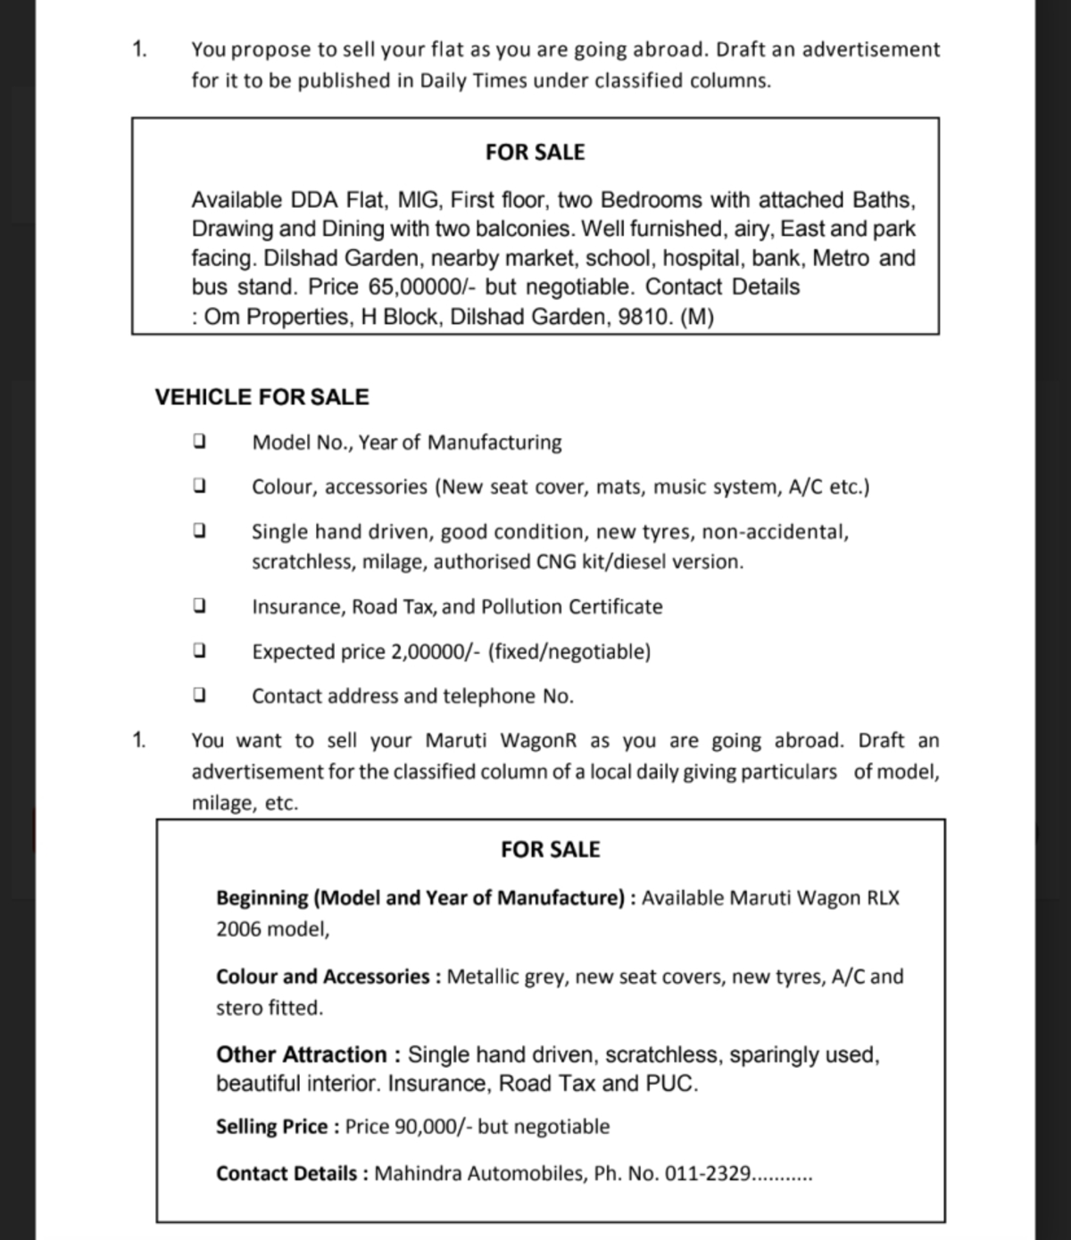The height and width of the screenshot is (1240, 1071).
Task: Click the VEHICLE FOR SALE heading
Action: (262, 397)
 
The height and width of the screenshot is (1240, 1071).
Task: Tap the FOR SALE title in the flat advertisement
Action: (535, 153)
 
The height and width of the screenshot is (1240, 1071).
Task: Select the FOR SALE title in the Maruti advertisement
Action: (550, 850)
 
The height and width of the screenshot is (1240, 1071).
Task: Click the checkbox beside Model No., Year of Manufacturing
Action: (200, 441)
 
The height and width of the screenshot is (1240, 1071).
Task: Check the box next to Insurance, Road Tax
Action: (200, 605)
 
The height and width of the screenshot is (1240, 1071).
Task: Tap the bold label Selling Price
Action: (272, 1127)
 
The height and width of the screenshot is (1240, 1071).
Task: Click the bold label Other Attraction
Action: (301, 1054)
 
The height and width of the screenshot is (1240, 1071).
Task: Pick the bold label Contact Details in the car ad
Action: (286, 1173)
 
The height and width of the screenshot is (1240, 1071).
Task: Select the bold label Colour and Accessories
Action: (323, 977)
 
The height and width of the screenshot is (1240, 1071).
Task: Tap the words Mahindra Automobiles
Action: (480, 1173)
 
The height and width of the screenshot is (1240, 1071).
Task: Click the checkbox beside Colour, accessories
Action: (200, 486)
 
